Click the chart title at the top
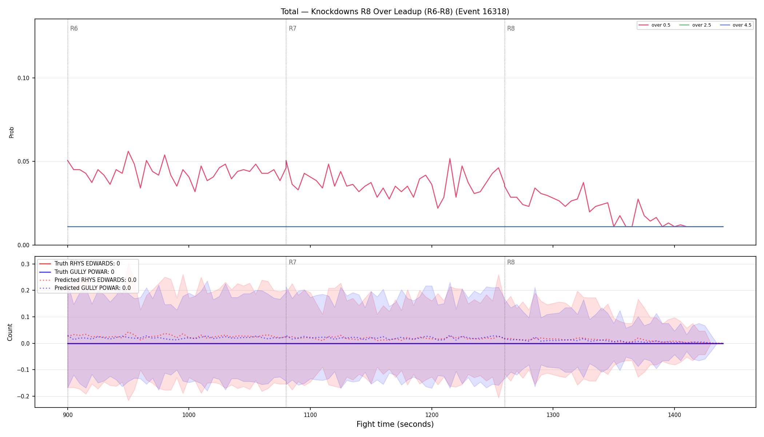coord(395,12)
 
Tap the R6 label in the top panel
coord(74,28)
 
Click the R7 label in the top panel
coord(293,28)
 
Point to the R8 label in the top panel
coord(511,28)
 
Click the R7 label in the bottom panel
coord(293,262)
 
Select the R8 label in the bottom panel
coord(511,262)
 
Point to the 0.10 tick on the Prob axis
coord(23,78)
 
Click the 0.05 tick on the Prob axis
coord(23,161)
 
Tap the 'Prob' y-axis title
coord(11,132)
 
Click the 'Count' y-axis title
coord(10,332)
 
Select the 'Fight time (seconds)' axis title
coord(395,424)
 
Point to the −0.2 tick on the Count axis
coord(23,396)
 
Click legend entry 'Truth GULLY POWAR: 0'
coord(84,272)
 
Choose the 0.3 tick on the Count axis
coord(25,264)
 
